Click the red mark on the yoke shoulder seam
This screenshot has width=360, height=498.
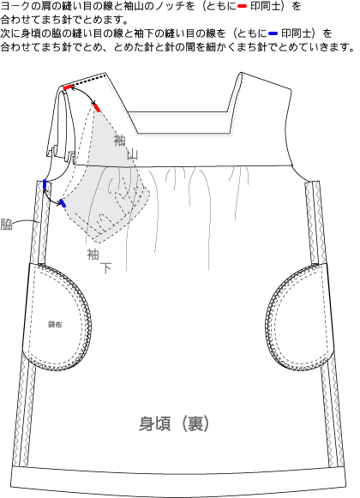(x=68, y=87)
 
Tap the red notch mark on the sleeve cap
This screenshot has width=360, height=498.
(x=97, y=107)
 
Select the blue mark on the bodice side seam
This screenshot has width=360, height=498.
(x=45, y=184)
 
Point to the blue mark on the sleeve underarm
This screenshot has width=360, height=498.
(x=63, y=203)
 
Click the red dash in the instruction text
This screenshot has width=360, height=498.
(x=242, y=6)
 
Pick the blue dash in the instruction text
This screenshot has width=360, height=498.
(x=273, y=33)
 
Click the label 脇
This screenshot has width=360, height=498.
(x=6, y=224)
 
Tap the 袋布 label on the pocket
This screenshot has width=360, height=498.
(x=55, y=325)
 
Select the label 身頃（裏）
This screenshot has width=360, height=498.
(x=174, y=423)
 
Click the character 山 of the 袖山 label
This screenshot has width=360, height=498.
(x=133, y=154)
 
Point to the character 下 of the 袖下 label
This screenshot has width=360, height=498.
(x=105, y=268)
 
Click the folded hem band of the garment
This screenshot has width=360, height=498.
(x=178, y=483)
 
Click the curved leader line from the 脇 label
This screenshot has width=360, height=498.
(x=26, y=220)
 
